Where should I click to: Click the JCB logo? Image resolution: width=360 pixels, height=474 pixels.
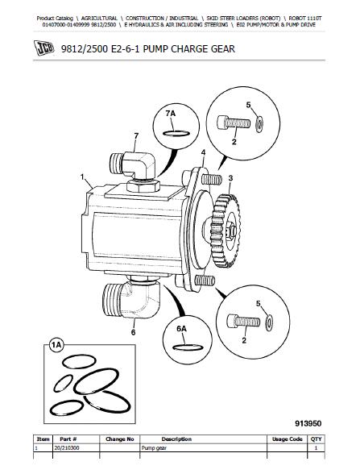coord(44,48)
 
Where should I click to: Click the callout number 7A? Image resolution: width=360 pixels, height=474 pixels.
coord(171,114)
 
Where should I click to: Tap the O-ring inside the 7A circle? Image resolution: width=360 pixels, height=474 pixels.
coord(176,133)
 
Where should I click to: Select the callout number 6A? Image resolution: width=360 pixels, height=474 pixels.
coord(181,328)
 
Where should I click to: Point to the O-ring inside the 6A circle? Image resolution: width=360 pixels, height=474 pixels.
coord(187,347)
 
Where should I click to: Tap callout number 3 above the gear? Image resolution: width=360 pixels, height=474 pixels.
coord(230,178)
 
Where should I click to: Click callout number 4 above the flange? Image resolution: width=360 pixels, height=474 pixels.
coord(203,152)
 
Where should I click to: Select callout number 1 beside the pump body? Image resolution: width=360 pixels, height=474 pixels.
coord(82,177)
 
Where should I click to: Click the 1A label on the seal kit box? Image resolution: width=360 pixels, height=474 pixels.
coord(56,345)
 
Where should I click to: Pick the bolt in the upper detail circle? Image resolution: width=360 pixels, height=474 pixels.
coord(234,123)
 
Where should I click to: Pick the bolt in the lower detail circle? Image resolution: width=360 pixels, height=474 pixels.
coord(243,321)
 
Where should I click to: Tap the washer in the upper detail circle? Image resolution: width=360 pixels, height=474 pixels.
coord(259,124)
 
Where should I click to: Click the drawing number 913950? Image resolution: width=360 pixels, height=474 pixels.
coord(308,424)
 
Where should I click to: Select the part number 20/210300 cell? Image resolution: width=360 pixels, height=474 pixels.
coord(66,447)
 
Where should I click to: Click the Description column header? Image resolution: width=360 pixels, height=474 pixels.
coord(176,439)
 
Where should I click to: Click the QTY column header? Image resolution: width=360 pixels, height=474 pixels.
coord(316,439)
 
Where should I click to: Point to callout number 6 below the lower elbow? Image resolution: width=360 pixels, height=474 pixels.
coord(133,332)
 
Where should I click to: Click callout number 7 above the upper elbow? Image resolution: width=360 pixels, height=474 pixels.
coord(136,136)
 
